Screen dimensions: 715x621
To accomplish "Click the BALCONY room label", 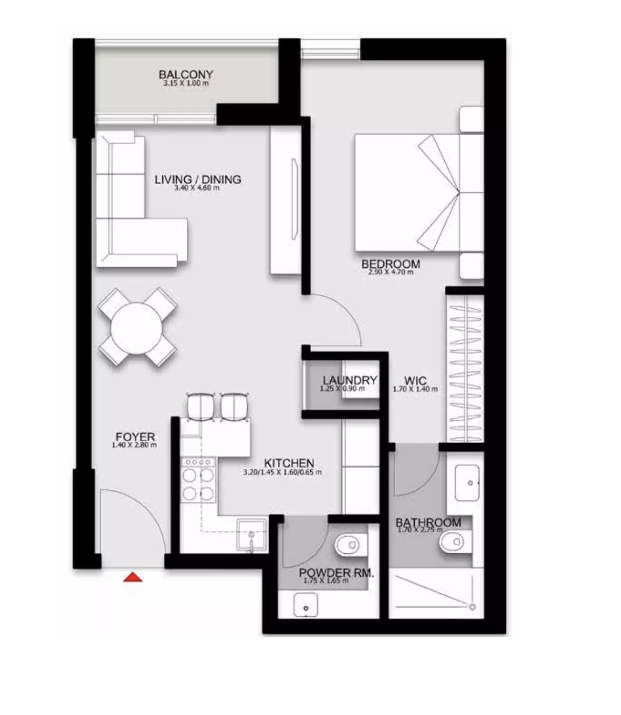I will click(x=185, y=75).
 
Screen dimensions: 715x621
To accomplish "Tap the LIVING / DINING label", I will click(x=198, y=180).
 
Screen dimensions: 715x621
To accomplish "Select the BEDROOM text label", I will click(x=391, y=264).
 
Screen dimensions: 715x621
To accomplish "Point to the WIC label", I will click(x=415, y=381).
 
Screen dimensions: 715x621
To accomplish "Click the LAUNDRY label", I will click(x=350, y=380).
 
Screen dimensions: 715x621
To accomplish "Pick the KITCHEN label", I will click(x=289, y=463).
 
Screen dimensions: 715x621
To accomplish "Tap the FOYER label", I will click(x=135, y=437).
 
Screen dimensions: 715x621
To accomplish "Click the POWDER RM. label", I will click(x=336, y=573).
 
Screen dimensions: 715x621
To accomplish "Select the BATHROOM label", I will click(x=429, y=523).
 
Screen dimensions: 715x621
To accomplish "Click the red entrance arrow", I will click(x=133, y=578).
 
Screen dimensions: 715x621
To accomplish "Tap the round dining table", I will click(x=137, y=328).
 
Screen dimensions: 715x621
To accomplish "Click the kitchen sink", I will click(x=251, y=535).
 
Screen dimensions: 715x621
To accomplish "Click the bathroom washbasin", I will click(x=467, y=483).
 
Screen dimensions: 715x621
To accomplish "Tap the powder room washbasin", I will click(x=306, y=605).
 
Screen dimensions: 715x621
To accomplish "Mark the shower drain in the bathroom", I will click(x=472, y=607).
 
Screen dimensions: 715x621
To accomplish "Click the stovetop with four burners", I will click(x=198, y=479).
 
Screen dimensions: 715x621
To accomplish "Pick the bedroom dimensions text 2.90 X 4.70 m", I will click(x=391, y=272).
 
